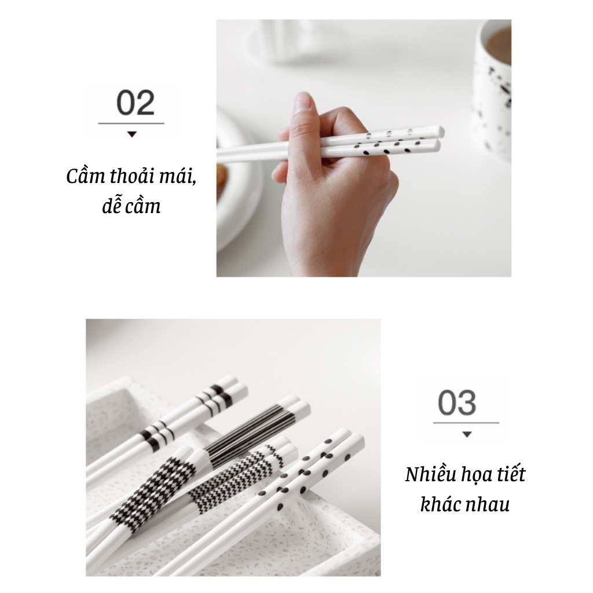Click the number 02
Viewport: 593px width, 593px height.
(136, 103)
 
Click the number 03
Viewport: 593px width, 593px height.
(457, 402)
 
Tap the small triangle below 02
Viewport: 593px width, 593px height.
(131, 134)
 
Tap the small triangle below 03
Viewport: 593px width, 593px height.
(467, 434)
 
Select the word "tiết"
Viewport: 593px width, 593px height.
(511, 474)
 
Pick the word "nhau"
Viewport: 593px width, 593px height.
(491, 506)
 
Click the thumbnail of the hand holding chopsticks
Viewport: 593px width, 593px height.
(364, 148)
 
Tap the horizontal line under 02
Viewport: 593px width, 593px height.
(131, 123)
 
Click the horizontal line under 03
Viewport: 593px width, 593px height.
(466, 422)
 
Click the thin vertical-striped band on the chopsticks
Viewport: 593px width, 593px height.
(250, 435)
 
